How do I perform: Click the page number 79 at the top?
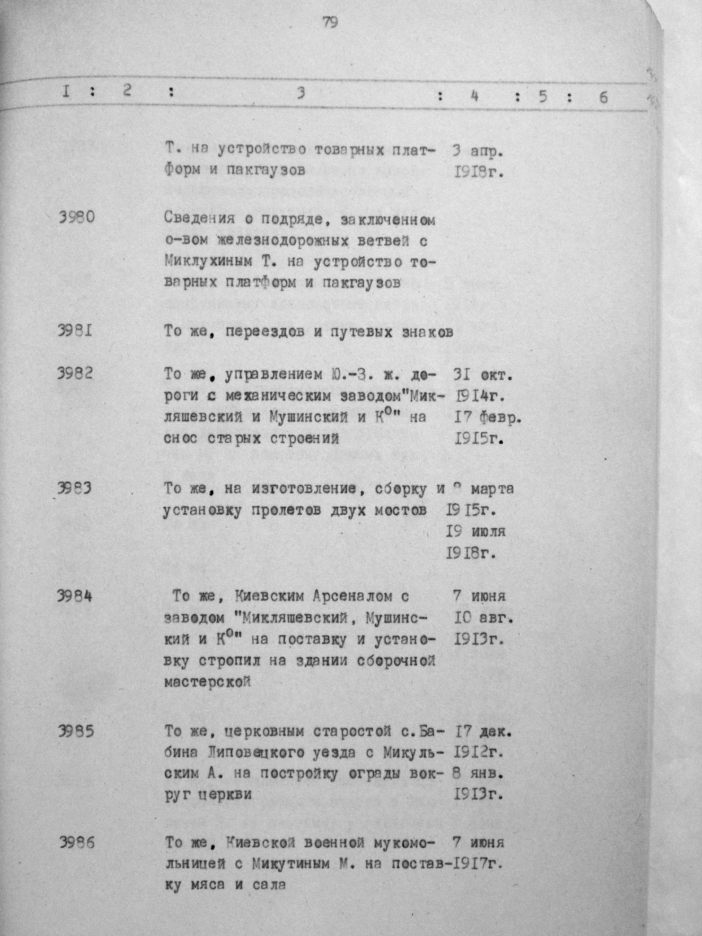coord(330,22)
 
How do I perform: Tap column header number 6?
coord(603,97)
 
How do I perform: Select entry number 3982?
coord(75,373)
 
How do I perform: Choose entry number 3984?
coord(74,596)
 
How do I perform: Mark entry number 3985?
coord(75,731)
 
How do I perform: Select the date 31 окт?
coord(482,375)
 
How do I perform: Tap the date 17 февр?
coord(488,418)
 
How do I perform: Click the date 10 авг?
coord(484,619)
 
